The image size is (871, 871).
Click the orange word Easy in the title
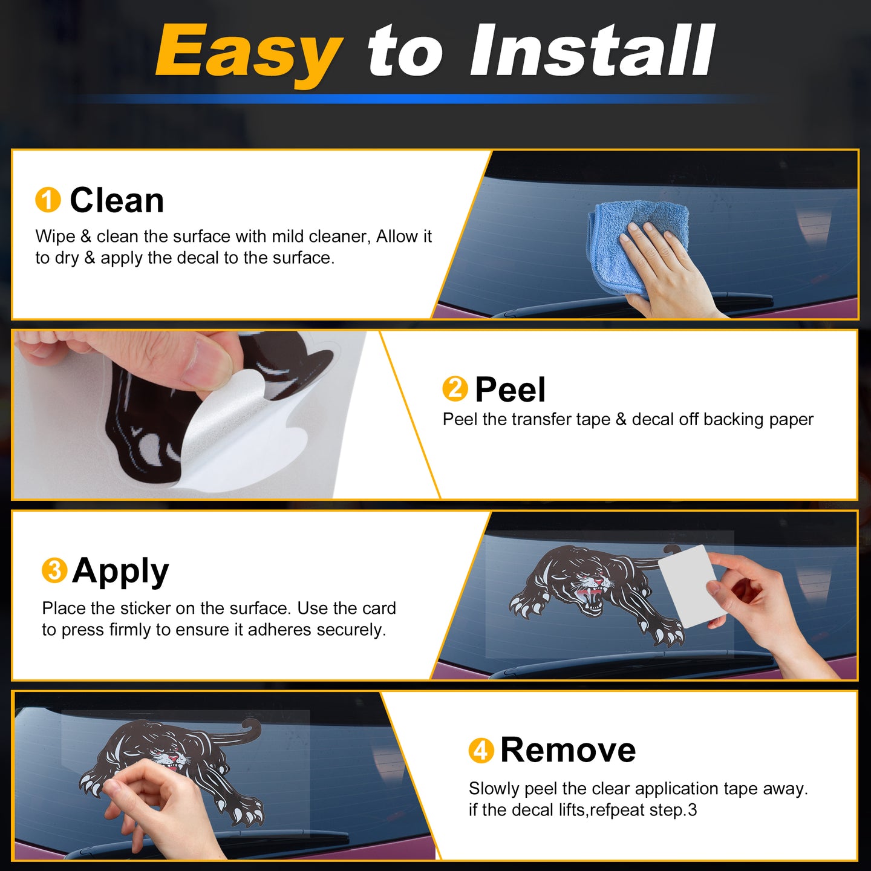(248, 53)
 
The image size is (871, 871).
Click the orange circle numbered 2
(455, 389)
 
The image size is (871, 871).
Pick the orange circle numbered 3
(54, 570)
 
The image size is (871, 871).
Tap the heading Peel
(511, 389)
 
